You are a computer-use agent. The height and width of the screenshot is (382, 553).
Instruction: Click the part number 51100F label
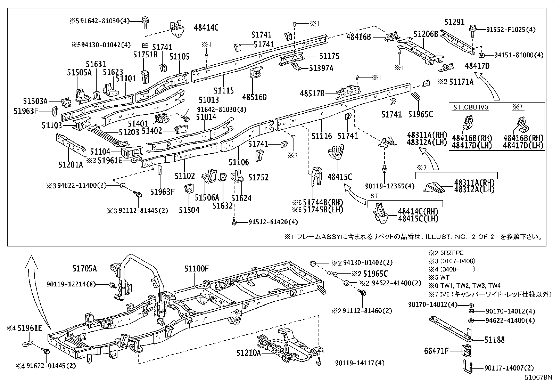coord(197,269)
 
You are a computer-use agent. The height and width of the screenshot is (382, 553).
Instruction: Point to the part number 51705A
coord(85,268)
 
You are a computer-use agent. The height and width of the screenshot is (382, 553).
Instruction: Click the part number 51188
coord(495,340)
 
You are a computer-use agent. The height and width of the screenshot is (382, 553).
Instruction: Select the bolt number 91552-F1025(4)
coord(510,30)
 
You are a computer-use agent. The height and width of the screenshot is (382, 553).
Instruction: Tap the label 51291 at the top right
coord(454,22)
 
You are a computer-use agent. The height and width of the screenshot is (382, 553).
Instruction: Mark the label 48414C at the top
coord(206,28)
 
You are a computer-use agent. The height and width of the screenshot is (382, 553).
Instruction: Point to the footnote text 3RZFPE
coord(451,253)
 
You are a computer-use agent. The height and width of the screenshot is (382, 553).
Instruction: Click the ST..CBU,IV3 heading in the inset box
coord(471,107)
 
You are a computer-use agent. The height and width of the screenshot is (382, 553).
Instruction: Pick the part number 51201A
coord(71,164)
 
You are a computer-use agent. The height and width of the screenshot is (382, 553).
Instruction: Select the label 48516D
coord(255,97)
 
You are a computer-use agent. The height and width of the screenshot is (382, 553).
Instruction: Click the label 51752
coord(258,177)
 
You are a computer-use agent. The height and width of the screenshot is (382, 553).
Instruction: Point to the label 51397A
coord(321,68)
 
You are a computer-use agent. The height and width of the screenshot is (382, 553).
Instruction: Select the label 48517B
coord(312,94)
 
